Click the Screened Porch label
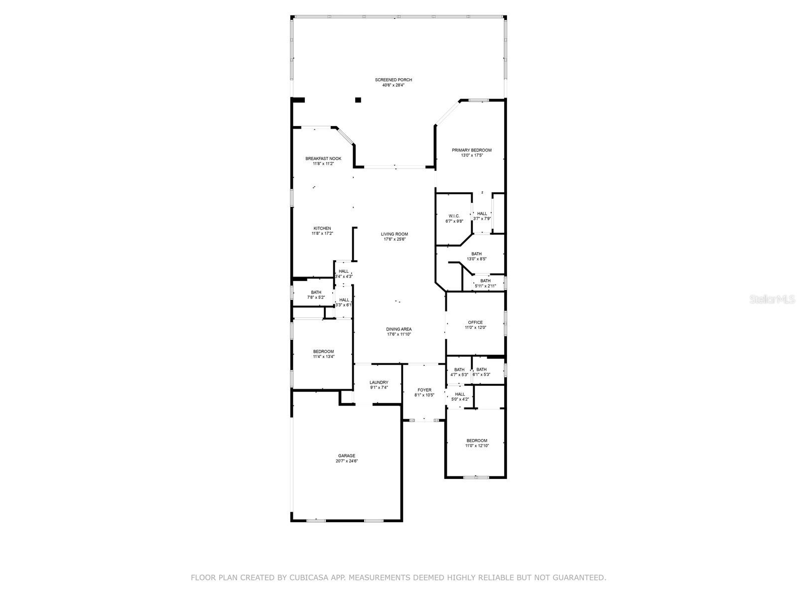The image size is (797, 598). pyautogui.click(x=393, y=80)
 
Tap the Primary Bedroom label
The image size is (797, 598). pyautogui.click(x=471, y=150)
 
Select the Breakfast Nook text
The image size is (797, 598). pyautogui.click(x=323, y=158)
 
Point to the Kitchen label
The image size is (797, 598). pyautogui.click(x=322, y=228)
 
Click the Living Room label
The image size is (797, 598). pyautogui.click(x=394, y=234)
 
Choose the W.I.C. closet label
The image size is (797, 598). pyautogui.click(x=454, y=216)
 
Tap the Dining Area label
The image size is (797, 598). pyautogui.click(x=398, y=329)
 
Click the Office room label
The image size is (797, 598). pyautogui.click(x=475, y=322)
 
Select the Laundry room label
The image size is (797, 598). pyautogui.click(x=379, y=382)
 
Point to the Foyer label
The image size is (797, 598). pyautogui.click(x=424, y=390)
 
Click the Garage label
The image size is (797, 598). pyautogui.click(x=346, y=455)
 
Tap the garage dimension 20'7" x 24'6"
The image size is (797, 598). pyautogui.click(x=346, y=461)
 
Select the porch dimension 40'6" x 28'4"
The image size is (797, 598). pyautogui.click(x=393, y=85)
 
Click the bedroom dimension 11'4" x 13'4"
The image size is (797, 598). pyautogui.click(x=323, y=356)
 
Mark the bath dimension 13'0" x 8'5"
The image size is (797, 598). pyautogui.click(x=476, y=259)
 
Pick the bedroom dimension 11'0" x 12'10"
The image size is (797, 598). pyautogui.click(x=477, y=446)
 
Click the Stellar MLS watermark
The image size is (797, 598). pyautogui.click(x=772, y=299)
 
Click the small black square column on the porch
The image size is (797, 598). pyautogui.click(x=358, y=100)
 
